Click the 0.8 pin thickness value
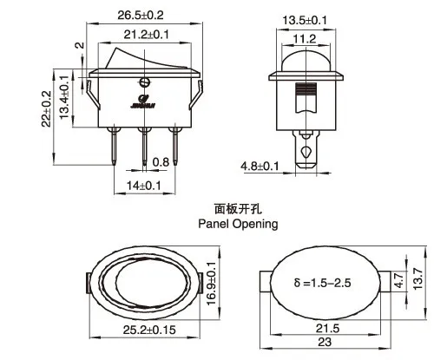pyautogui.click(x=161, y=162)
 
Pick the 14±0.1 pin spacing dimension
pyautogui.click(x=144, y=185)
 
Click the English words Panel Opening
pyautogui.click(x=237, y=224)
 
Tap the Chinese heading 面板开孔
pyautogui.click(x=237, y=208)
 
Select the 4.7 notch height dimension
pyautogui.click(x=398, y=279)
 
